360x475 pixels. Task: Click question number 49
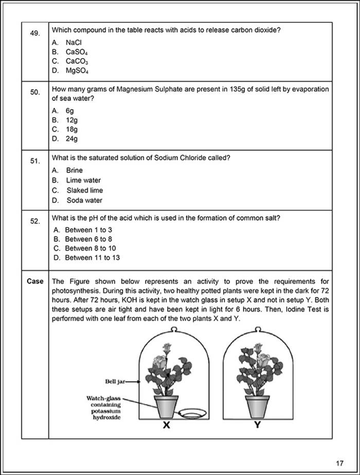click(34, 33)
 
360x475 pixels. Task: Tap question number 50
click(34, 92)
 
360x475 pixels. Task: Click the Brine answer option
click(74, 170)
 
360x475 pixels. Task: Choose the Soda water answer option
click(84, 200)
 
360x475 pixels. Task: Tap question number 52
click(34, 221)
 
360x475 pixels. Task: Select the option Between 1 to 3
click(88, 230)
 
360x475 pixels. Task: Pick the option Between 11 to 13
click(92, 258)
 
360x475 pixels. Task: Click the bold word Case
click(35, 282)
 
